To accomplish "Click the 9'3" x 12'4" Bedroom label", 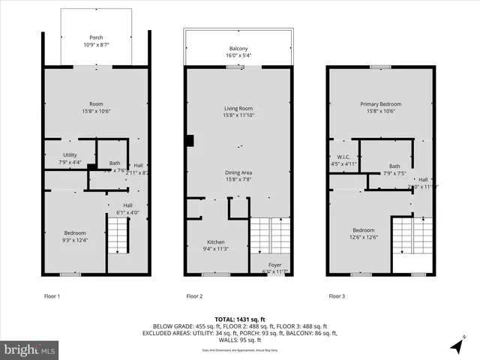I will coord(75,236).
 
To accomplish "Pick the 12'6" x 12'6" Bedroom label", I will coord(363,234).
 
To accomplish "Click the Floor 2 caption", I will coord(194,296).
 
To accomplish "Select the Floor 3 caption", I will coord(338,296).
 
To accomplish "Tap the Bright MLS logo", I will coord(30,349).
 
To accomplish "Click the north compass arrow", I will coord(457,345).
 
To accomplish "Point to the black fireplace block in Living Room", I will coord(190,140).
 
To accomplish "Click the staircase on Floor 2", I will coord(268,235).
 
